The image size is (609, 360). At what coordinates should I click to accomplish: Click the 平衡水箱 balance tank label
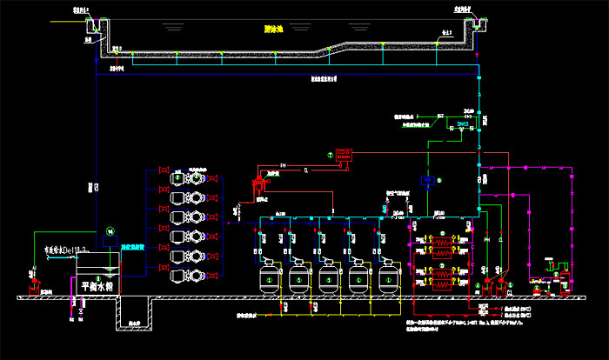(97, 285)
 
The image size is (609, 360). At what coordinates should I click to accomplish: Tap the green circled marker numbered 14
(110, 230)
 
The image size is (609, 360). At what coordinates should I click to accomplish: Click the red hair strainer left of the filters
(258, 185)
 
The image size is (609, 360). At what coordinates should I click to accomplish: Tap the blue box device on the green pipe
(428, 180)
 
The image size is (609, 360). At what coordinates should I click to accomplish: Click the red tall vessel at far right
(565, 281)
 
